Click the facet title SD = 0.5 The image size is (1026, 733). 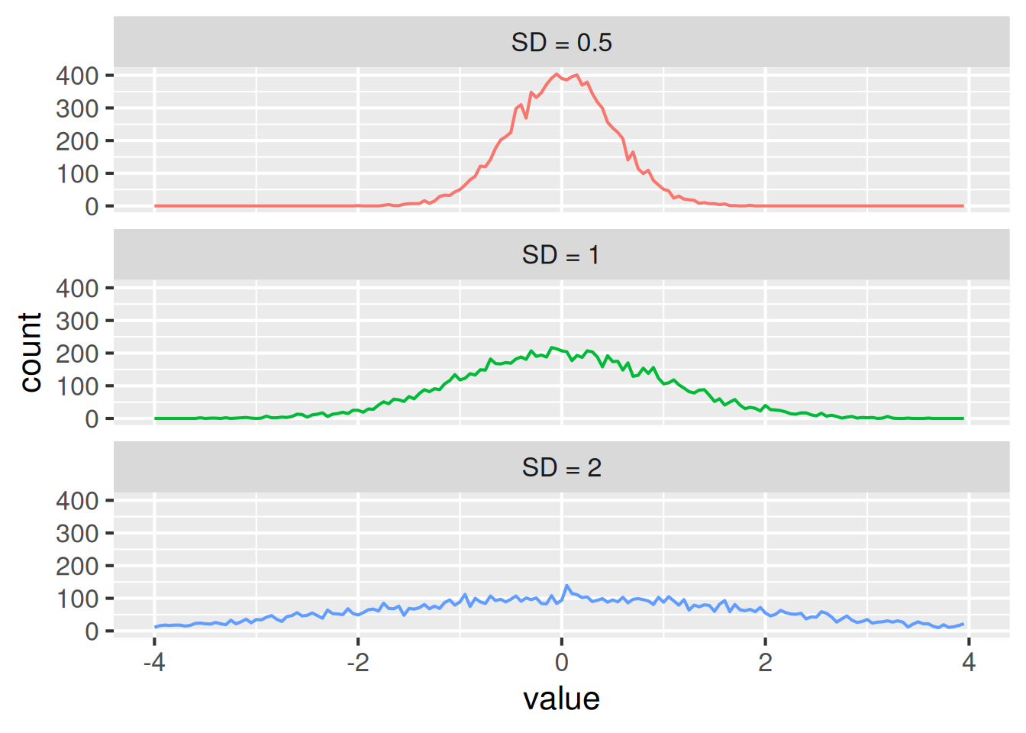tap(561, 43)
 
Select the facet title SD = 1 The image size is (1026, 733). tap(561, 255)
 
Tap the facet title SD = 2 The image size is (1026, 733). tap(561, 467)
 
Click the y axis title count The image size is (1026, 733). tap(31, 352)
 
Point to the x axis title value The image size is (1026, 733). tap(561, 699)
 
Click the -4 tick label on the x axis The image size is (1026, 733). tap(154, 662)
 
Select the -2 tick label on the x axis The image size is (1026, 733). tap(358, 662)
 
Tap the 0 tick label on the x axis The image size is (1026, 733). tap(562, 662)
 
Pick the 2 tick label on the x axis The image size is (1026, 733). tap(765, 662)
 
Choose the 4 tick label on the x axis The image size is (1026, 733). tap(969, 662)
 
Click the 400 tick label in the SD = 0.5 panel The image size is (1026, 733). tap(77, 76)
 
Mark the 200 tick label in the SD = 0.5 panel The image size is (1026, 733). tap(77, 141)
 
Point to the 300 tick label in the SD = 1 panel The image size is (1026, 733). tap(77, 321)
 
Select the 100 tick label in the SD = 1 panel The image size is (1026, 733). tap(77, 386)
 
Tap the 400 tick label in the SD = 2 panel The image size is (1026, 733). tap(77, 501)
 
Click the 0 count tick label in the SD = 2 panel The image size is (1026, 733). tap(92, 631)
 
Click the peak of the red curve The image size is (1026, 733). tap(557, 74)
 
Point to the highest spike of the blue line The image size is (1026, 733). tap(566, 586)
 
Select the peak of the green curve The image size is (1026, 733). tap(552, 348)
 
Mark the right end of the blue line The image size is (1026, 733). tap(963, 624)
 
